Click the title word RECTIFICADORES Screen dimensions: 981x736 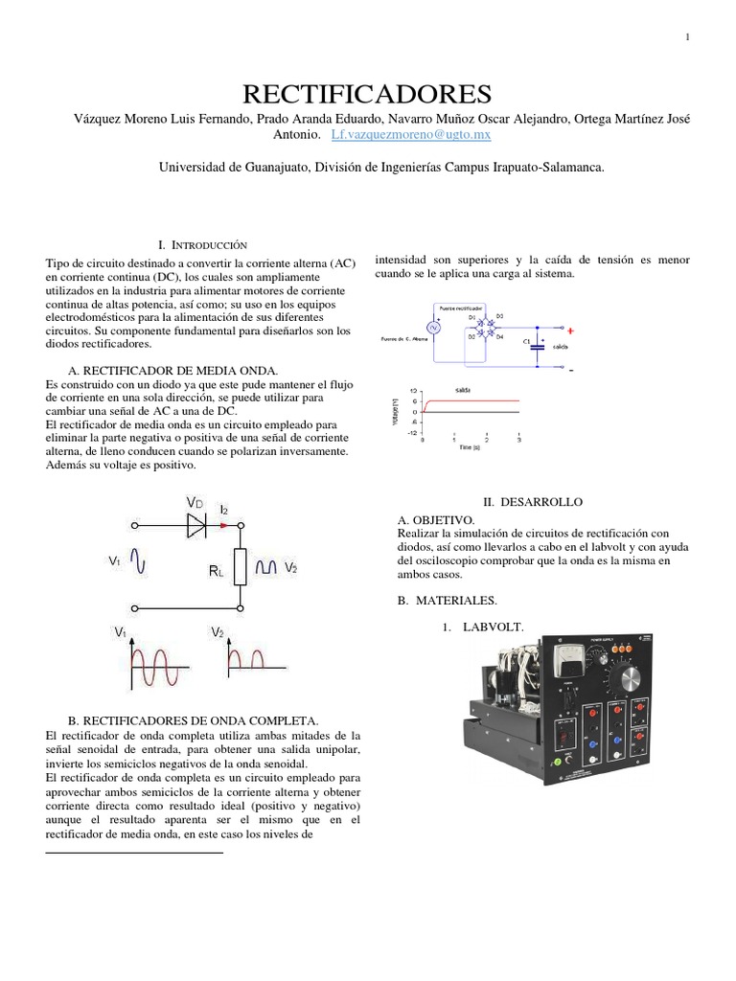[368, 94]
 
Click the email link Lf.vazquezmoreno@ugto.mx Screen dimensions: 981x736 [411, 135]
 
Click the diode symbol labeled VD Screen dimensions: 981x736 [196, 523]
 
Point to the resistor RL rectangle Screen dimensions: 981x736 [241, 565]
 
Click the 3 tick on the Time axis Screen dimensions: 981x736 [518, 440]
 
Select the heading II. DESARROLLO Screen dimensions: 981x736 [532, 502]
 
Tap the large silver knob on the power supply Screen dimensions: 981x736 [629, 678]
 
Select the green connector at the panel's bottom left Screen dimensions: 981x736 [553, 762]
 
